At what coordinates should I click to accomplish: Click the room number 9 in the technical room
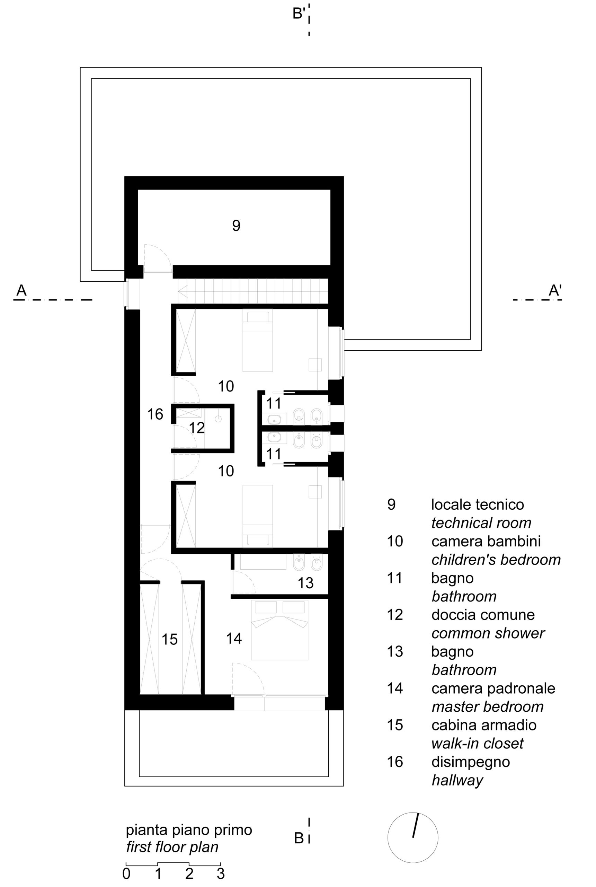pyautogui.click(x=236, y=226)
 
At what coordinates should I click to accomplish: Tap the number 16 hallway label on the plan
pyautogui.click(x=155, y=414)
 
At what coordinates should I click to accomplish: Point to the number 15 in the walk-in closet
pyautogui.click(x=170, y=640)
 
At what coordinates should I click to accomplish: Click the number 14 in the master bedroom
pyautogui.click(x=234, y=638)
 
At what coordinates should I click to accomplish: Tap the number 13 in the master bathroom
pyautogui.click(x=305, y=583)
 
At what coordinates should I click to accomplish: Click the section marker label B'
pyautogui.click(x=299, y=14)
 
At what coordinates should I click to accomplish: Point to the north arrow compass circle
pyautogui.click(x=413, y=837)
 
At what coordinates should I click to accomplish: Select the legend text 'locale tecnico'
pyautogui.click(x=478, y=504)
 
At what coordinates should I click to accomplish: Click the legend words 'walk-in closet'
pyautogui.click(x=478, y=743)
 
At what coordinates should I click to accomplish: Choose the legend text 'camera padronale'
pyautogui.click(x=493, y=688)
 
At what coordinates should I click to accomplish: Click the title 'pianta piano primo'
pyautogui.click(x=189, y=829)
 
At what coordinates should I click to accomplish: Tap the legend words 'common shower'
pyautogui.click(x=488, y=633)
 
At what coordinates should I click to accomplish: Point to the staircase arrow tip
pyautogui.click(x=179, y=291)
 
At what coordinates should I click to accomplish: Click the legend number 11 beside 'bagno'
pyautogui.click(x=394, y=578)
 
